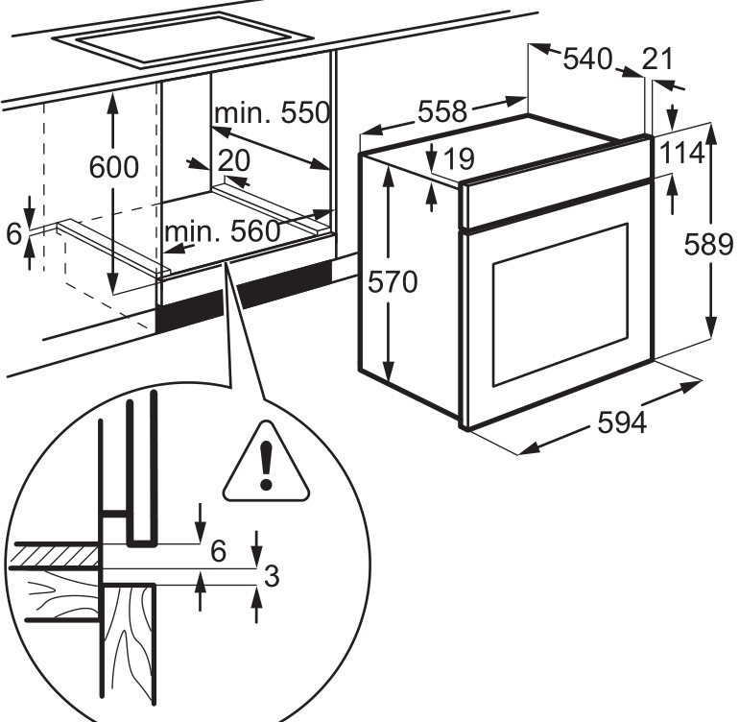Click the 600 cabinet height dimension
coord(113,167)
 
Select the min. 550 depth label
coord(271,113)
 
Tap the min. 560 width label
coord(222,231)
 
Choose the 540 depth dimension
coord(586,60)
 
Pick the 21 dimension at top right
coord(657,60)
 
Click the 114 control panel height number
coord(682,154)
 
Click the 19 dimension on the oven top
coord(459,156)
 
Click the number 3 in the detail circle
coord(272,576)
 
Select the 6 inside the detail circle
coord(218,550)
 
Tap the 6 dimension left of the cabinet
coord(12,233)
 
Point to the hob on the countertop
coord(182,37)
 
